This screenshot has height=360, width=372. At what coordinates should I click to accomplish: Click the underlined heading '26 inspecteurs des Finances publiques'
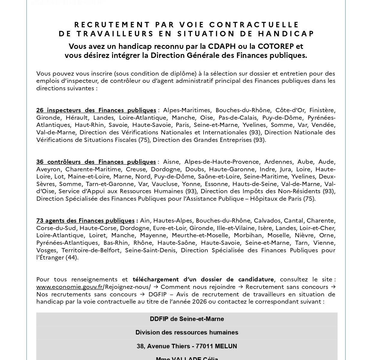pyautogui.click(x=96, y=110)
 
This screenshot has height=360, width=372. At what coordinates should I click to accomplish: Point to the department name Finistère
pyautogui.click(x=322, y=110)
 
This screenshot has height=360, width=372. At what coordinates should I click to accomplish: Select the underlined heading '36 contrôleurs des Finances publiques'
pyautogui.click(x=96, y=162)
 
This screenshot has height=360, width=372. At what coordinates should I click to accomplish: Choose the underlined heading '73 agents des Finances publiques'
pyautogui.click(x=85, y=221)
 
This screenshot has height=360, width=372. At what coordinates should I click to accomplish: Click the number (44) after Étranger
pyautogui.click(x=72, y=257)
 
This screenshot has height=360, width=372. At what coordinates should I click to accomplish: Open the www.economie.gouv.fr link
pyautogui.click(x=69, y=287)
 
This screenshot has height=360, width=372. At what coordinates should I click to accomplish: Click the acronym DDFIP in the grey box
pyautogui.click(x=159, y=319)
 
